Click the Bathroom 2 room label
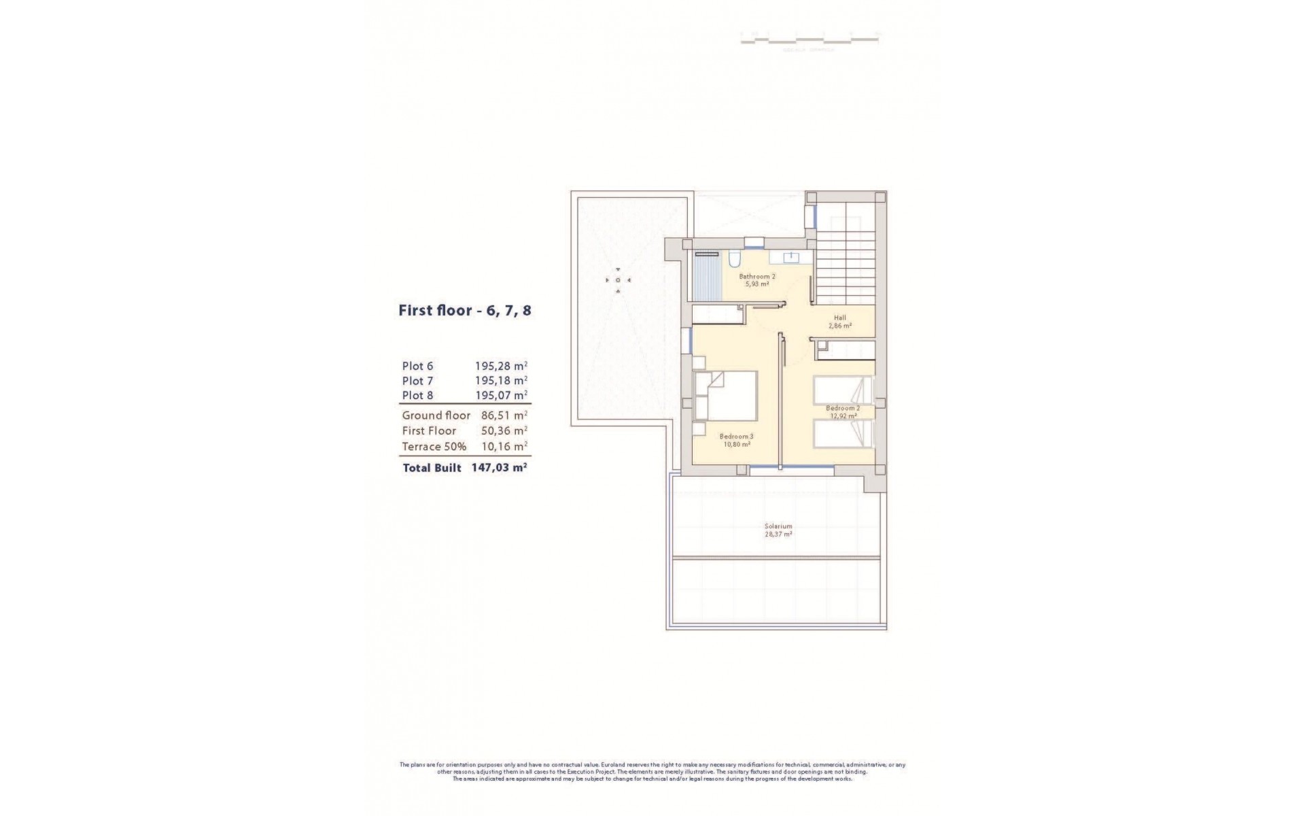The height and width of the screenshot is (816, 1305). (x=757, y=277)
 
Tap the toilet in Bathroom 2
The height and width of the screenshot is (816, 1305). (x=734, y=260)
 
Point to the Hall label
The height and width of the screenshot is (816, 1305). (x=840, y=318)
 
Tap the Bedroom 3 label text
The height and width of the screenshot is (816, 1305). (x=736, y=437)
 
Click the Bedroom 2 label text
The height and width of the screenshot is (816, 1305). (x=843, y=408)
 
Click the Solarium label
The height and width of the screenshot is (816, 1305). (x=778, y=526)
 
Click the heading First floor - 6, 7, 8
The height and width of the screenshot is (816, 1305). (x=464, y=311)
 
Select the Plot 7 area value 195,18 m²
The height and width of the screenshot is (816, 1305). (x=501, y=381)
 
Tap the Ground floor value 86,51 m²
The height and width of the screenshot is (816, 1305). (x=501, y=415)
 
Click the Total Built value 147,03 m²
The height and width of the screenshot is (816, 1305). (x=499, y=468)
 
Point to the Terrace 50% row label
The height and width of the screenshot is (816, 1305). (x=434, y=447)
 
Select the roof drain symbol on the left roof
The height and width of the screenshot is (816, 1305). (x=618, y=279)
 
